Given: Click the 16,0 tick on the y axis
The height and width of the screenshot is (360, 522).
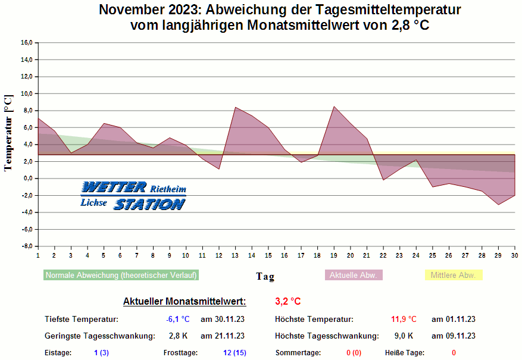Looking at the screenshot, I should tap(26, 43).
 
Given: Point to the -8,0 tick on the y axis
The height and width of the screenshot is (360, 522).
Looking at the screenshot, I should tap(26, 246).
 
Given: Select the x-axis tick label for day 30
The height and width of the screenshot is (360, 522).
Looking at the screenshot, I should tap(514, 255).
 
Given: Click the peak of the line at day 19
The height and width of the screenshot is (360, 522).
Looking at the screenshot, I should tap(335, 107).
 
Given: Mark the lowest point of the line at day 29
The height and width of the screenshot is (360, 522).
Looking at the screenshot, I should tap(498, 205).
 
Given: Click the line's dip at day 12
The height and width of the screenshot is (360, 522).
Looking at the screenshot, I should tap(219, 169).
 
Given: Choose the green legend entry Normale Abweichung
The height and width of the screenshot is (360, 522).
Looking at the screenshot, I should tap(121, 276).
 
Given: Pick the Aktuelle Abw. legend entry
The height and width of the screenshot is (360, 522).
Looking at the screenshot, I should tap(354, 276).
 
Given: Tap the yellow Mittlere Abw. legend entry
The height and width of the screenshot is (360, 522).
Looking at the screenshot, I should tap(453, 276).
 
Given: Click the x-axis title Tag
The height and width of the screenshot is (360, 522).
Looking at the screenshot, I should tap(265, 277).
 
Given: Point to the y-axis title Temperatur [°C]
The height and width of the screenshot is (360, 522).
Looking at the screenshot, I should tap(8, 133).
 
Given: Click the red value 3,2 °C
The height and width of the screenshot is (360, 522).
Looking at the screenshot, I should tap(288, 301).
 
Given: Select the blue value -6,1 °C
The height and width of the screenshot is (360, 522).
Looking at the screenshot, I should tap(177, 320).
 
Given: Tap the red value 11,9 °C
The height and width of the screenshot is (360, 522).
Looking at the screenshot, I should tap(404, 320).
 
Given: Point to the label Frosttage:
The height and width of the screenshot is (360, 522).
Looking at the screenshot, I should tap(180, 353).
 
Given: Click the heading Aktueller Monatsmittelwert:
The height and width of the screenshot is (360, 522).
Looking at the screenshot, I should tap(184, 301).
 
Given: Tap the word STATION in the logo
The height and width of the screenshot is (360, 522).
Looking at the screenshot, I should tap(149, 205).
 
